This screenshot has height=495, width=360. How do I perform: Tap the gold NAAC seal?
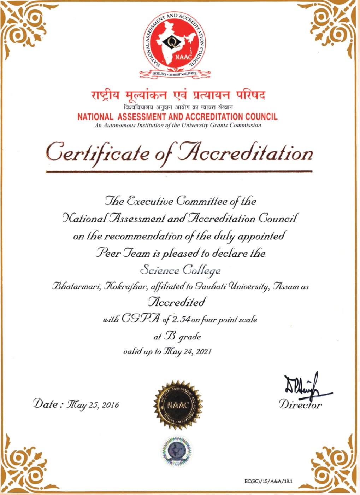click(x=178, y=405)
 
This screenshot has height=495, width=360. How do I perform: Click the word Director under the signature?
click(x=300, y=404)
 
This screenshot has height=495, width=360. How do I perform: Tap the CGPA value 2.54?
click(x=181, y=320)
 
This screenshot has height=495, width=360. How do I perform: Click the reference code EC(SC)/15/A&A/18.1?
click(x=268, y=481)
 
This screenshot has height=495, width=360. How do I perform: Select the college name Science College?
click(x=180, y=270)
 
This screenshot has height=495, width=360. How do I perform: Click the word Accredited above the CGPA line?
click(x=177, y=302)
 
